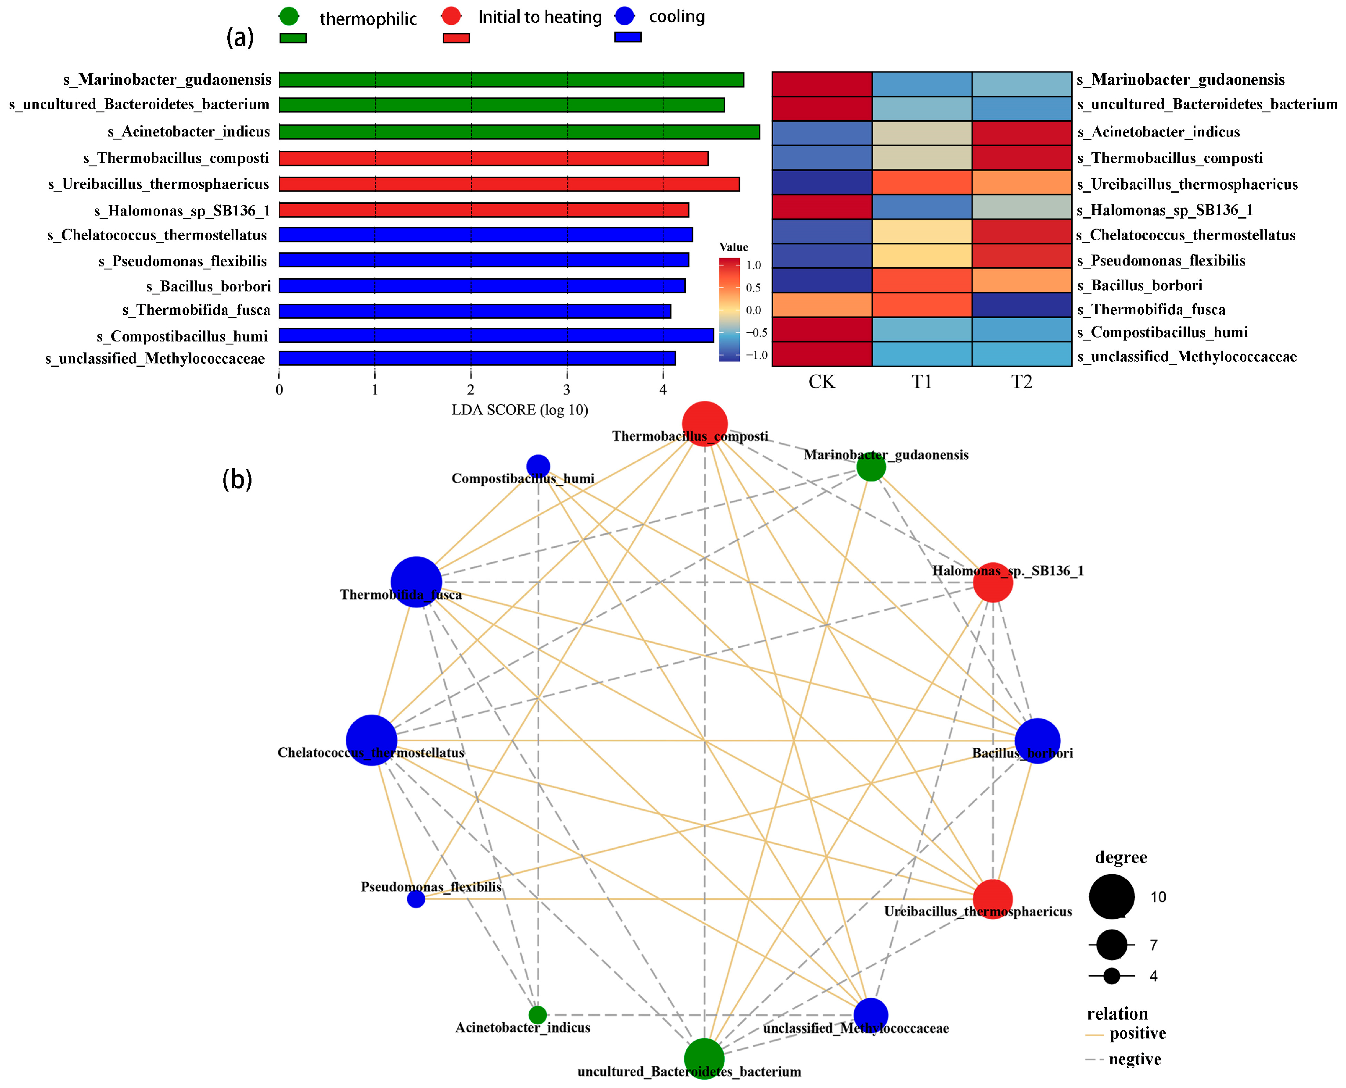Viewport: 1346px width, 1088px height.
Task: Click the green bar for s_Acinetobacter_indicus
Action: tap(519, 132)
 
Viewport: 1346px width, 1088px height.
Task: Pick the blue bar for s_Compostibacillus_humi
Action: tap(495, 335)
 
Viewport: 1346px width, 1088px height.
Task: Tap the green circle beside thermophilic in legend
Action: tap(289, 16)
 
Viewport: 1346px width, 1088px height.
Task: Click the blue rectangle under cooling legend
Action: tap(628, 37)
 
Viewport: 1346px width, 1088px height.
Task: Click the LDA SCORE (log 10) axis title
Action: tap(520, 410)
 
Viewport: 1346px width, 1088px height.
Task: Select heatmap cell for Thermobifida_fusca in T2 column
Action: tap(1021, 305)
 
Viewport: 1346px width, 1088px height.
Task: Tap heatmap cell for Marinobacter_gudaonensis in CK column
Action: tap(822, 84)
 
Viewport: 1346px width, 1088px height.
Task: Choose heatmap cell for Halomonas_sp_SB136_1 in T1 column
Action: tap(922, 207)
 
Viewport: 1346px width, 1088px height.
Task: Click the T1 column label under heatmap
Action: tap(921, 382)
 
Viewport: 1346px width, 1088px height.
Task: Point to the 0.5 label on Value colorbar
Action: tap(753, 287)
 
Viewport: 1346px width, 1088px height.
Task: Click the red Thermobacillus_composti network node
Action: tap(704, 424)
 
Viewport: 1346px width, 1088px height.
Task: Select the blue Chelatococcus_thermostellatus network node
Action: tap(372, 740)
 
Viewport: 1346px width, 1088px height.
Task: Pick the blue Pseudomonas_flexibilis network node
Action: tap(416, 899)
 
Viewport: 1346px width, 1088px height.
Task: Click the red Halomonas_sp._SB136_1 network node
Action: tap(993, 582)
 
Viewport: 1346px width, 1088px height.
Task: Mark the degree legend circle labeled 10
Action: tap(1111, 896)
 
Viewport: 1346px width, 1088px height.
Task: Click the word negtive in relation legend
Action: tap(1135, 1059)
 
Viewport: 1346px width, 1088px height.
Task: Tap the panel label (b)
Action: tap(237, 479)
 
